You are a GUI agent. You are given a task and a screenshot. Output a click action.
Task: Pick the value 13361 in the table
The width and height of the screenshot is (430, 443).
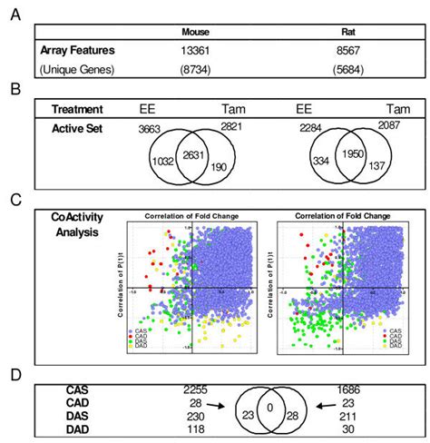click(x=195, y=52)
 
